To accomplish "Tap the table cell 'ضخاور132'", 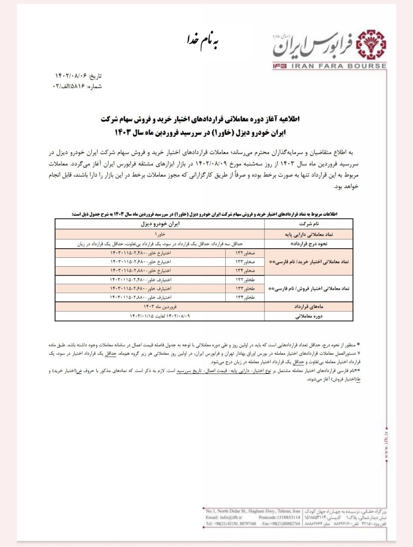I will click(245, 253).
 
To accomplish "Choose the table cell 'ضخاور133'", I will click(245, 262).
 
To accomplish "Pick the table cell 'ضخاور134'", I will click(245, 271).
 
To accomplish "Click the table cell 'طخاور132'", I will click(245, 279).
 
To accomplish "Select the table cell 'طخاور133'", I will click(245, 288).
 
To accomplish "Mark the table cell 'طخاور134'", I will click(245, 297).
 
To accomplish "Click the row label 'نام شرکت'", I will click(308, 224).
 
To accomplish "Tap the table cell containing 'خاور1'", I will click(160, 235).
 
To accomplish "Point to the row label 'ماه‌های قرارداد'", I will click(308, 307).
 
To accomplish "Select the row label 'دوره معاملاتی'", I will click(308, 317).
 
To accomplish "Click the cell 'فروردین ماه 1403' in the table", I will click(160, 307).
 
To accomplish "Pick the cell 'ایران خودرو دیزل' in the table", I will click(160, 224).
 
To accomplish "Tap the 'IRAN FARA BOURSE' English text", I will click(339, 66).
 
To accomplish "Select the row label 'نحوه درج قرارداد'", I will click(308, 244).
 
